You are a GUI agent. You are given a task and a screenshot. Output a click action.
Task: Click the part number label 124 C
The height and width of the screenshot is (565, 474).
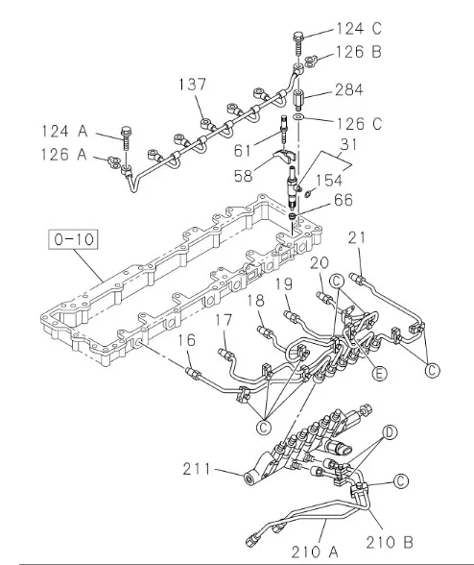coord(359,29)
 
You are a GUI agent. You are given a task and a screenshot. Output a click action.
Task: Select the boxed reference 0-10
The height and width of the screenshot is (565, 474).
coord(74,239)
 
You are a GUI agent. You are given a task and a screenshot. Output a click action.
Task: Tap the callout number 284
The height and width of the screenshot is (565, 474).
coord(348,89)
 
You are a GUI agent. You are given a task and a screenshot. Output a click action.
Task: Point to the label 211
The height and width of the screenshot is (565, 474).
coord(197,469)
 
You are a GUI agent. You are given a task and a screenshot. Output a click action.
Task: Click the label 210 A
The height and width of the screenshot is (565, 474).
coord(315,552)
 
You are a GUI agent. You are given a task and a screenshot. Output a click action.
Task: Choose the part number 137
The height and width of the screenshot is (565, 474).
coord(193,85)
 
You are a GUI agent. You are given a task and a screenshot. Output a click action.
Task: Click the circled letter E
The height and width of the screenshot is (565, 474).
coord(379,373)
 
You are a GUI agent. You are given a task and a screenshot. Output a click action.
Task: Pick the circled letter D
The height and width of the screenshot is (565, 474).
coord(390,432)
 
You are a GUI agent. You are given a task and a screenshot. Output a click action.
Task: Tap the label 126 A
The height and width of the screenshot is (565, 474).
coord(64,155)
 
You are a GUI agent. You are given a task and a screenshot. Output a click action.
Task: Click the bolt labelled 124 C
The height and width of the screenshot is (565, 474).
coord(298,43)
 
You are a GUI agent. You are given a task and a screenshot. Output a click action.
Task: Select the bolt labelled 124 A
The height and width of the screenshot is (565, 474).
coord(126,138)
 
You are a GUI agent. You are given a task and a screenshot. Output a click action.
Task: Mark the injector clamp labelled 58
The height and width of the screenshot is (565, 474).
coord(285,157)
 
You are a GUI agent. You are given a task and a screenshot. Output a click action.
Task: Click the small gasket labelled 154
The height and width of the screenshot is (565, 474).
coord(308,194)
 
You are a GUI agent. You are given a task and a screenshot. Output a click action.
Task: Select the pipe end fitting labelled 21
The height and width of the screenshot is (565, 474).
coord(357,279)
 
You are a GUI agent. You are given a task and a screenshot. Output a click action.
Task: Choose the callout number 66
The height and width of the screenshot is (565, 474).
coord(344,200)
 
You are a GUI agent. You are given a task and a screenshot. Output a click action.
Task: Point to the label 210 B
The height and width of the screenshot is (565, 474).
coord(390,542)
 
